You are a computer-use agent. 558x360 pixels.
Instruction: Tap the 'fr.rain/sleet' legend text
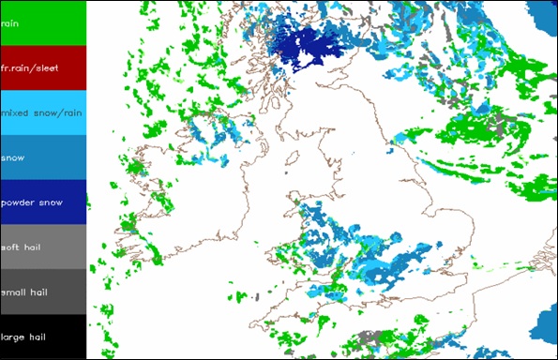tap(27, 67)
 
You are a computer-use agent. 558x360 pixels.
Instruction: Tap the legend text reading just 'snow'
tap(14, 157)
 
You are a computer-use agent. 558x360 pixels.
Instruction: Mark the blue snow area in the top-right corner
tap(542, 19)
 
